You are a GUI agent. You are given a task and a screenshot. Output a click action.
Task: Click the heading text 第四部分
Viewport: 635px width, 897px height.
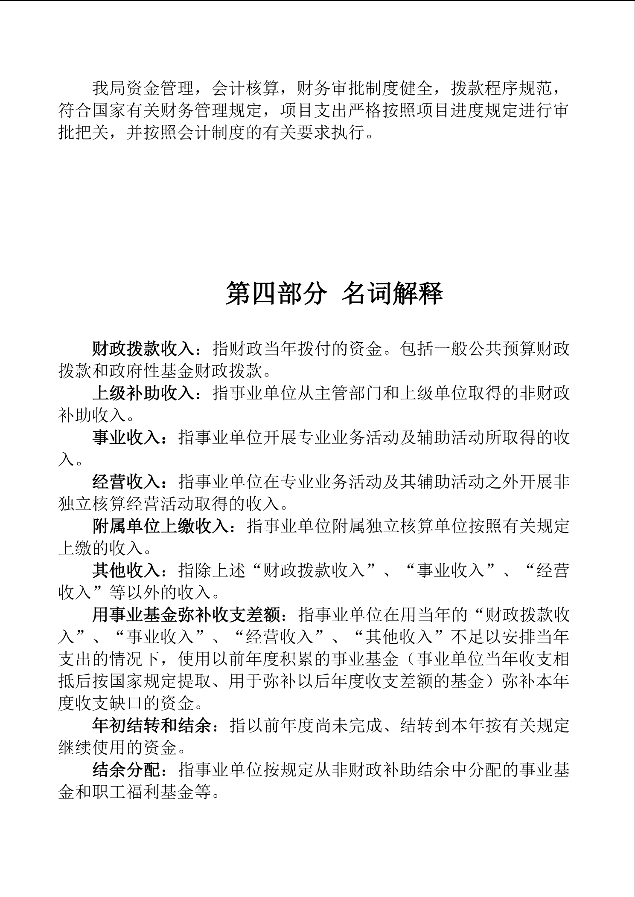276,294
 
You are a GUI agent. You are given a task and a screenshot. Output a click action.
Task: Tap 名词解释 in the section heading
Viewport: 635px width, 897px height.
392,294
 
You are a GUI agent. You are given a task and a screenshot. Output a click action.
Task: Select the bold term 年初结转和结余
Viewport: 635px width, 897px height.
152,726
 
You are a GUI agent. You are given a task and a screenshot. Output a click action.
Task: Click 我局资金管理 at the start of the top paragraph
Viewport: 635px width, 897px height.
143,89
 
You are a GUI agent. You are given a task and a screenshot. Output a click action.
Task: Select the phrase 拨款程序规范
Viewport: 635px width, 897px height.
502,89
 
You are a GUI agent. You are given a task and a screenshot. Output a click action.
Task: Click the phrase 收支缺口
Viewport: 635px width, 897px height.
109,703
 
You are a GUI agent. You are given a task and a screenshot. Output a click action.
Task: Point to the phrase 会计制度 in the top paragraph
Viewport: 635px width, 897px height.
212,133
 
